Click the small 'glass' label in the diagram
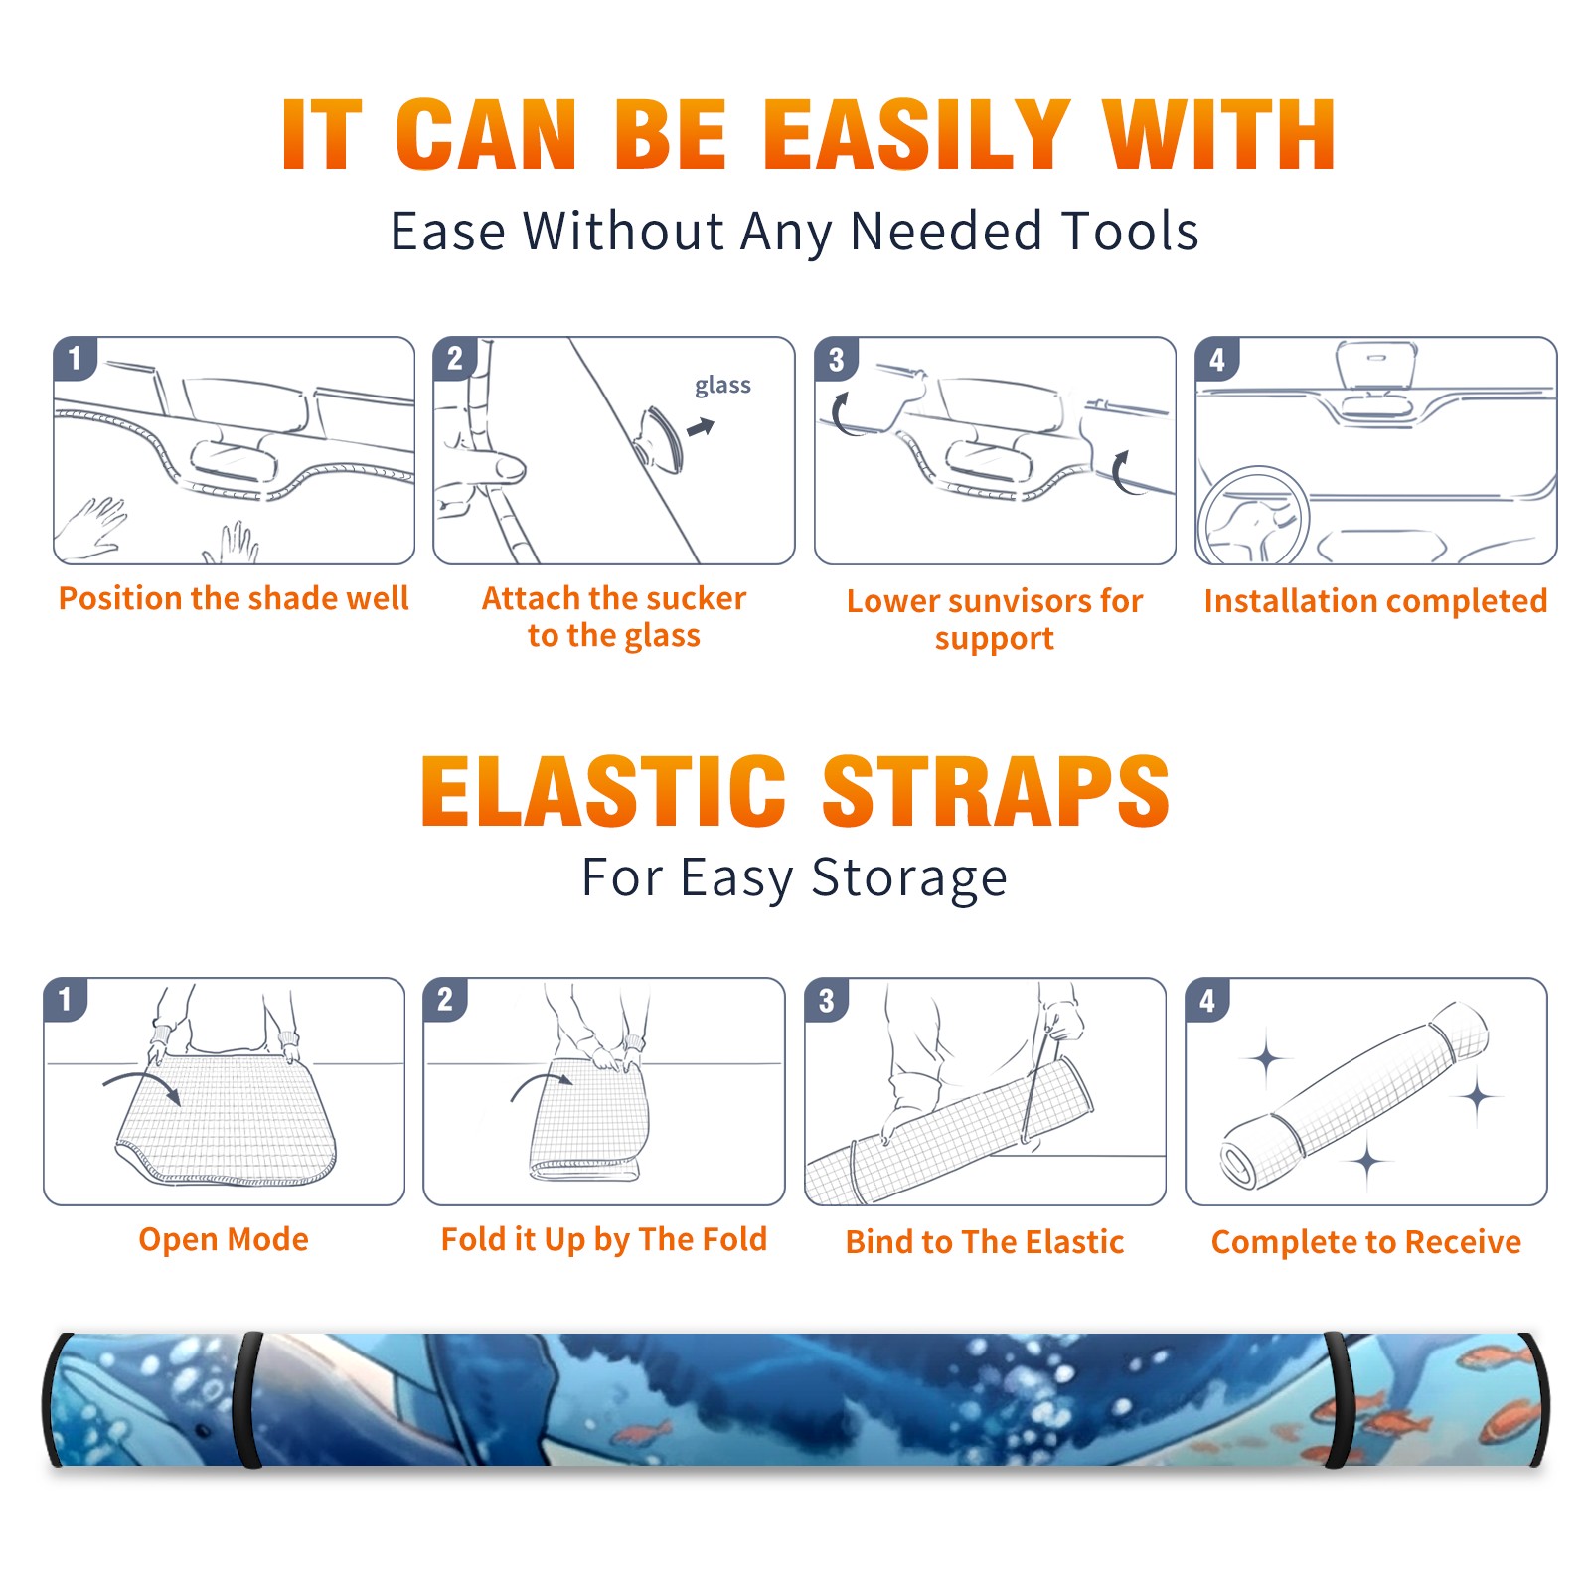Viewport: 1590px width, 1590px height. (722, 386)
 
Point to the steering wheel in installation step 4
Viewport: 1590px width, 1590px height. (1254, 516)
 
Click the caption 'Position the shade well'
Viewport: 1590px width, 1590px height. (234, 598)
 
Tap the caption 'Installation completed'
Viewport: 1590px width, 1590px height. (1375, 600)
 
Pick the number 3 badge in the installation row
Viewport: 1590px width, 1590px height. (836, 359)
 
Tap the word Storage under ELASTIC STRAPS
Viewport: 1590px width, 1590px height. (909, 878)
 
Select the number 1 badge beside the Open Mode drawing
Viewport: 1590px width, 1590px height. (66, 999)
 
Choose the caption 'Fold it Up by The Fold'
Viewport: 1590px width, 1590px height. (604, 1240)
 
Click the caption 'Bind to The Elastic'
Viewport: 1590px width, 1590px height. (985, 1242)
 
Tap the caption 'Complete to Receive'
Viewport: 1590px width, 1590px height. (1366, 1242)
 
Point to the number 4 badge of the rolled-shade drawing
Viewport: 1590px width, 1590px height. (1207, 1000)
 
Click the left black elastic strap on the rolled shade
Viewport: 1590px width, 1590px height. (247, 1400)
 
